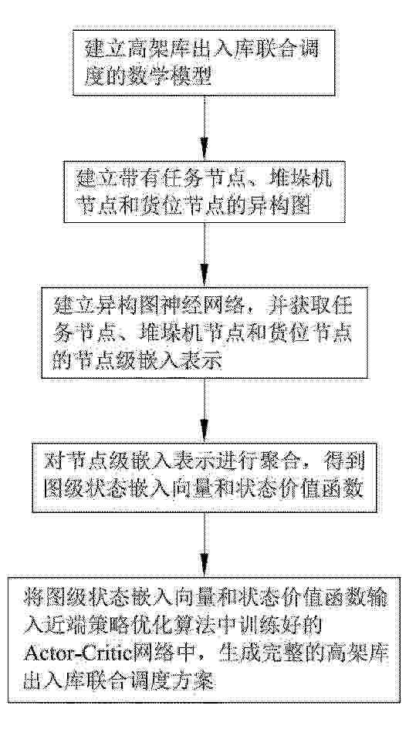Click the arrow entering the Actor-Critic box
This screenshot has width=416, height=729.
204,545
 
